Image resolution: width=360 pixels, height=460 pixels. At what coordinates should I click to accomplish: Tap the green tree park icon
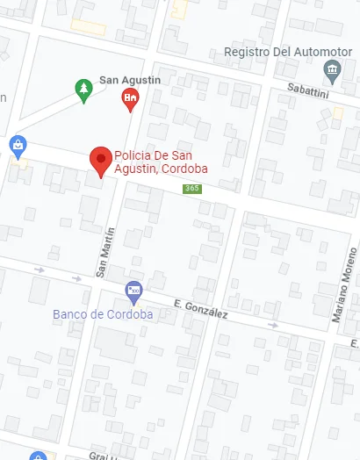click(x=83, y=90)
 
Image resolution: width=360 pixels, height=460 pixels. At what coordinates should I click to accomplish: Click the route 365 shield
click(x=191, y=189)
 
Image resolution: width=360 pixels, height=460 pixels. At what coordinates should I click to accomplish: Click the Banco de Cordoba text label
click(x=103, y=314)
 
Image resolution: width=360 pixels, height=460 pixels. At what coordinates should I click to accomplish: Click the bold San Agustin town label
click(x=130, y=80)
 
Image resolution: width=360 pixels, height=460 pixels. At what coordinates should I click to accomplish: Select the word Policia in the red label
click(x=134, y=156)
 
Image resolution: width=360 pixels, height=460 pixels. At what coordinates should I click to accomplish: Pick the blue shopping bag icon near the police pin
click(x=17, y=144)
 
